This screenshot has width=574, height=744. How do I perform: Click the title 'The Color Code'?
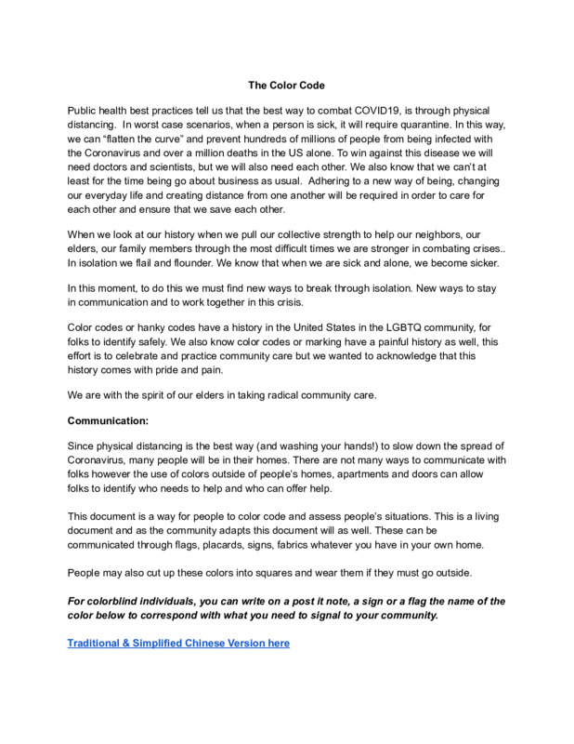coord(286,86)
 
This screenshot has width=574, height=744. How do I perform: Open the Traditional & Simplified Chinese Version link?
coord(178,644)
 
